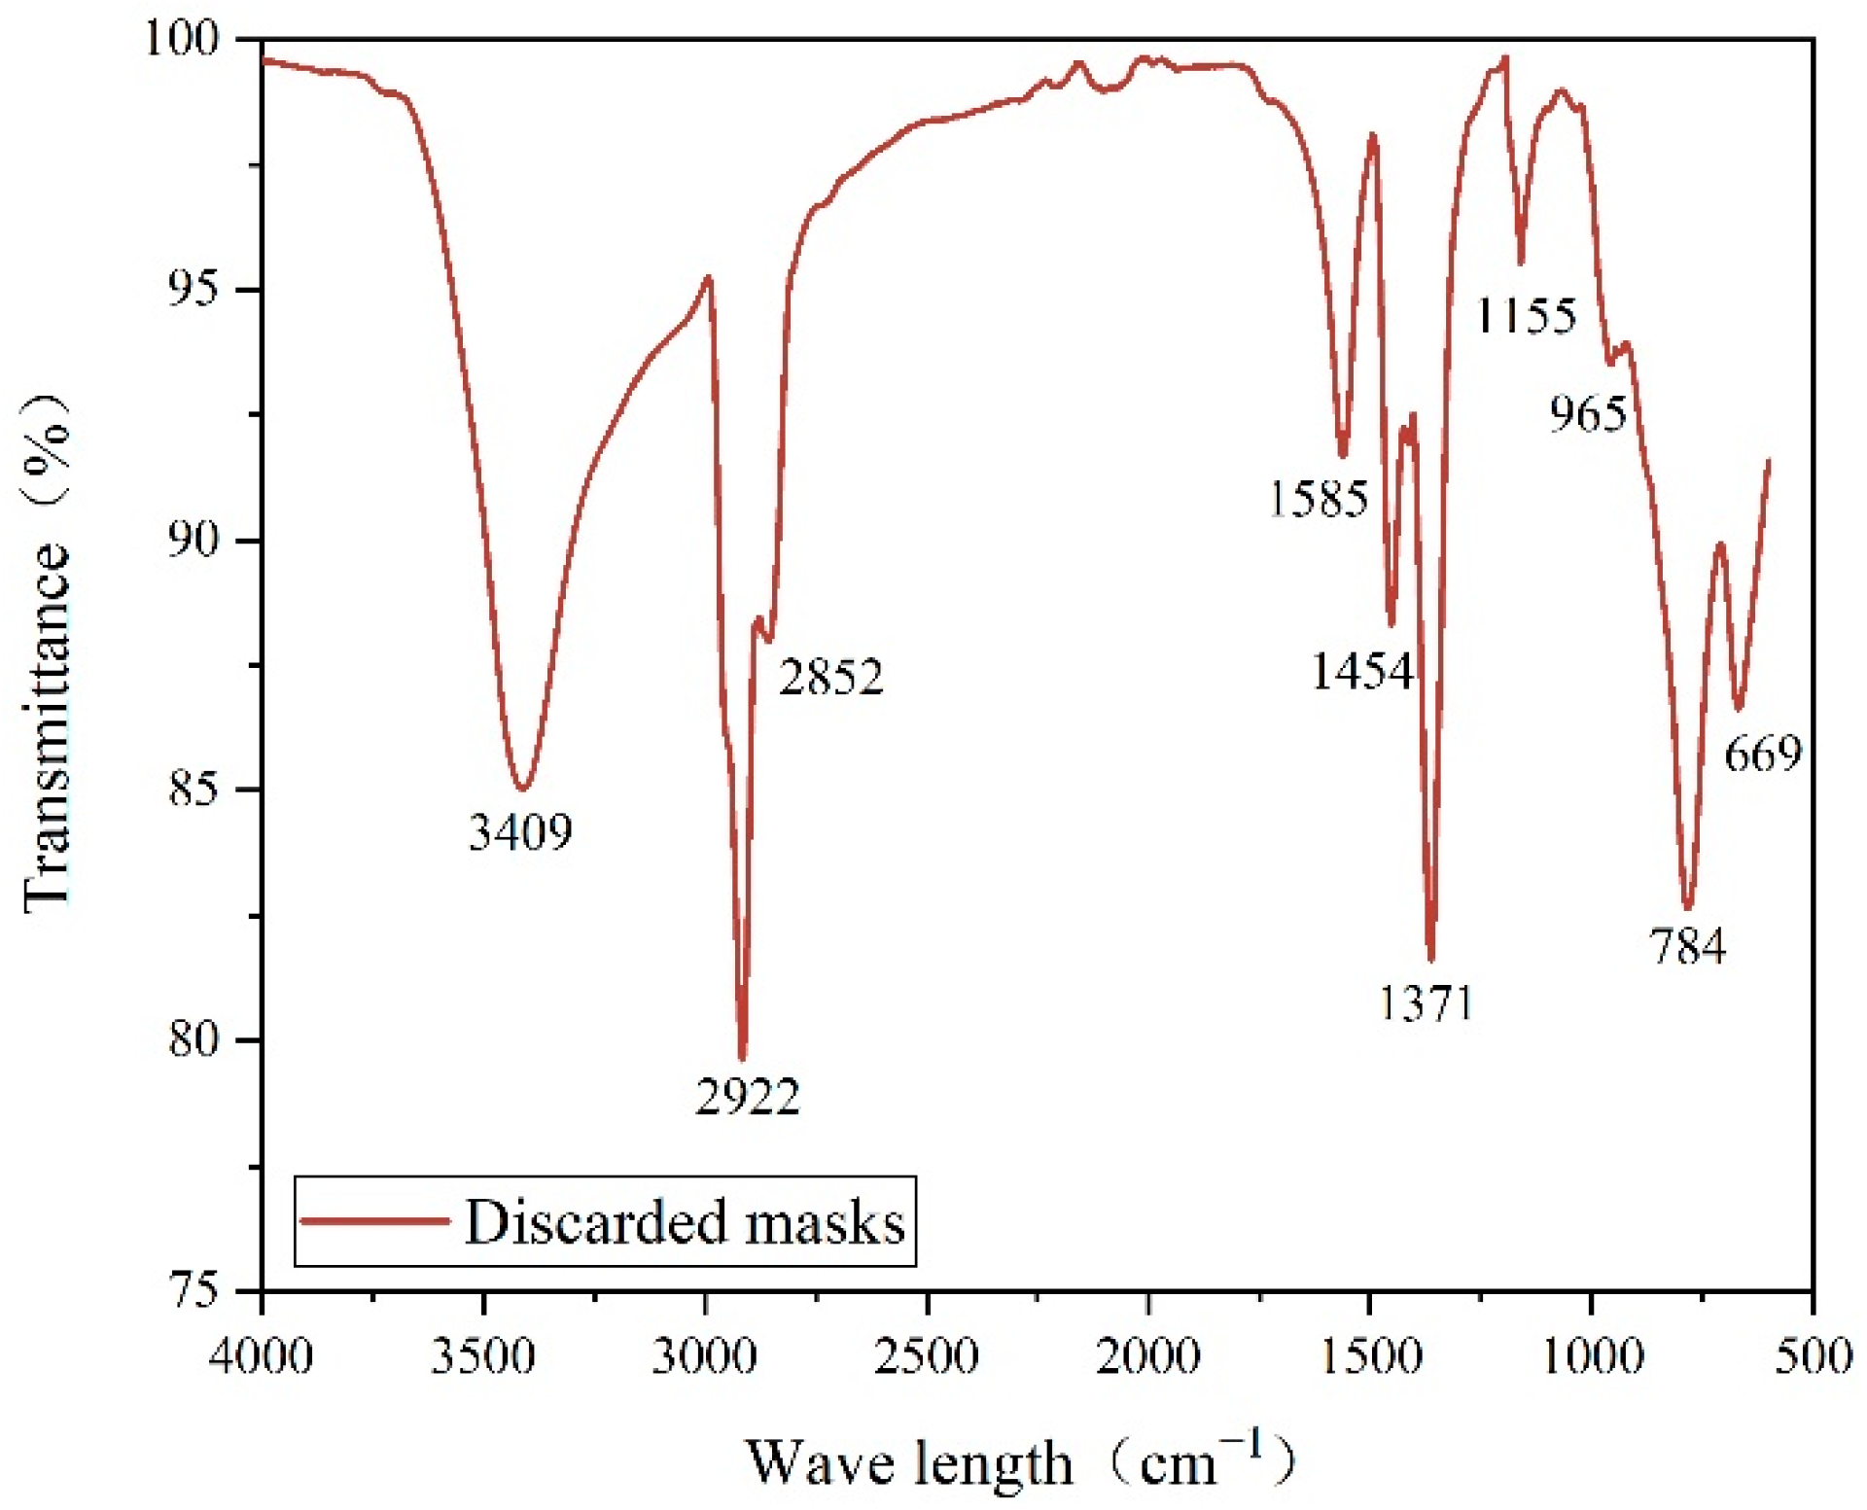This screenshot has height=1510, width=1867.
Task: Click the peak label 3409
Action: tap(520, 832)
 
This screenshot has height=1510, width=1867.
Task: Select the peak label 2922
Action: tap(747, 1097)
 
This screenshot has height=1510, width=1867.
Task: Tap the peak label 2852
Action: tap(830, 677)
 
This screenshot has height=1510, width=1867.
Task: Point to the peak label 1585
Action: tap(1318, 499)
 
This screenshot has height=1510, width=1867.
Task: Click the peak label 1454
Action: tap(1361, 671)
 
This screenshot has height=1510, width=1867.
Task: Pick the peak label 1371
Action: tap(1426, 1002)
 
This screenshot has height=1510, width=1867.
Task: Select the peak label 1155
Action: tap(1526, 316)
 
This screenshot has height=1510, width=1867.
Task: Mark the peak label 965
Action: tap(1588, 414)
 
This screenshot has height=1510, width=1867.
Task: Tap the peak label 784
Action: tap(1687, 945)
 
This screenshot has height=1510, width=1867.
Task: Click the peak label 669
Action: tap(1763, 754)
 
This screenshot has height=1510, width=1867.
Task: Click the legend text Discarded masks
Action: tap(685, 1222)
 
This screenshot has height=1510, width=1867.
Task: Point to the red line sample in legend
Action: tap(374, 1221)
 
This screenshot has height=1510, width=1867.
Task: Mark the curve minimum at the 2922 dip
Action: tap(742, 1058)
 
